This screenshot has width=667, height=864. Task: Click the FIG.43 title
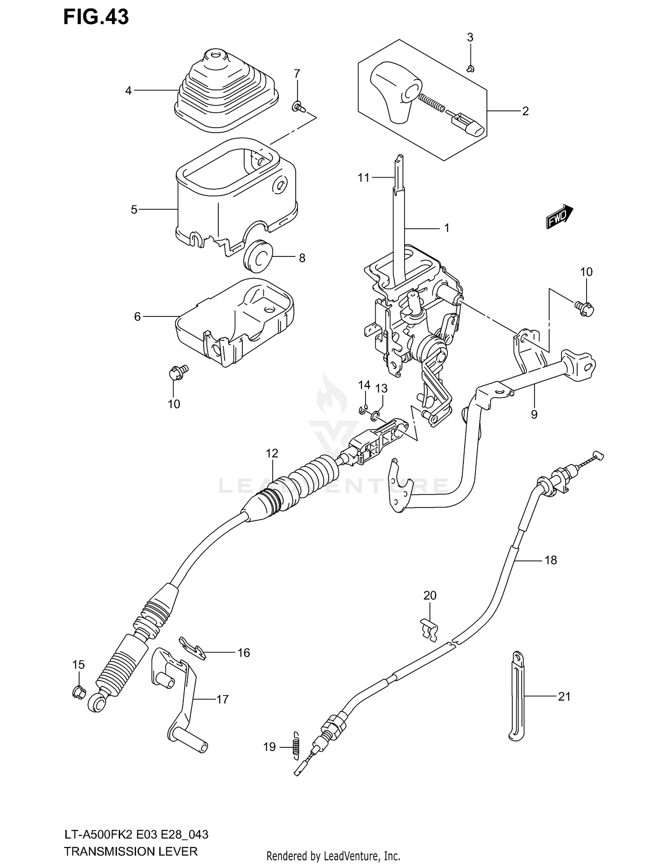pyautogui.click(x=96, y=17)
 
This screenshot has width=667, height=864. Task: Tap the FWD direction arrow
pyautogui.click(x=559, y=217)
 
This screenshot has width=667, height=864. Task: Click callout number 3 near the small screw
pyautogui.click(x=470, y=38)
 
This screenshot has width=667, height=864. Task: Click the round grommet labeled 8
pyautogui.click(x=258, y=256)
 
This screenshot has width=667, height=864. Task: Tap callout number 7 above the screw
pyautogui.click(x=297, y=73)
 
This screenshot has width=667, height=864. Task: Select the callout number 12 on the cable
pyautogui.click(x=272, y=453)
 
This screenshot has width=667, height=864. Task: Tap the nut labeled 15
pyautogui.click(x=78, y=692)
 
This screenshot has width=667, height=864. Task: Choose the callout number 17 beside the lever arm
pyautogui.click(x=222, y=699)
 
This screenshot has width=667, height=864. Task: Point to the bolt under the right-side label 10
pyautogui.click(x=584, y=308)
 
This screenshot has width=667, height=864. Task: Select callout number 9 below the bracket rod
pyautogui.click(x=534, y=414)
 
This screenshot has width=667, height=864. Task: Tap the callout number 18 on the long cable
pyautogui.click(x=550, y=560)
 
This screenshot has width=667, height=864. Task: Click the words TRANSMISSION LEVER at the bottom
pyautogui.click(x=130, y=852)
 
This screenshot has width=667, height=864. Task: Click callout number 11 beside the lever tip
pyautogui.click(x=364, y=178)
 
